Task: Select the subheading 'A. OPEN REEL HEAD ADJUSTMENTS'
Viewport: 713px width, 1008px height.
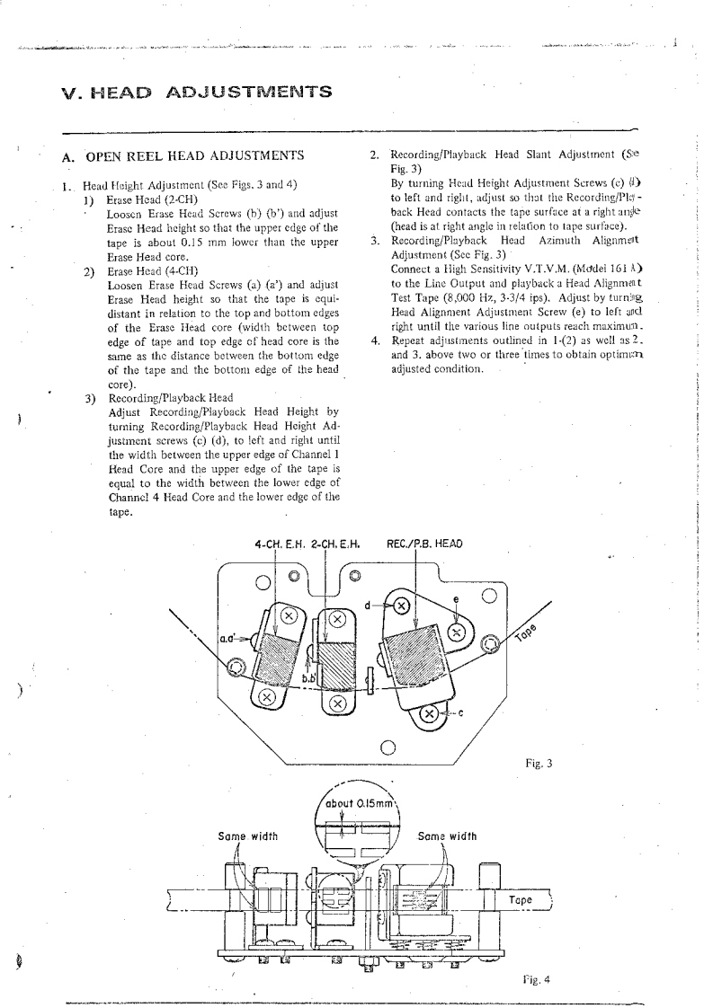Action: tap(184, 157)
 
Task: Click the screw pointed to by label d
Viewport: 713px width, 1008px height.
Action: tap(402, 606)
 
